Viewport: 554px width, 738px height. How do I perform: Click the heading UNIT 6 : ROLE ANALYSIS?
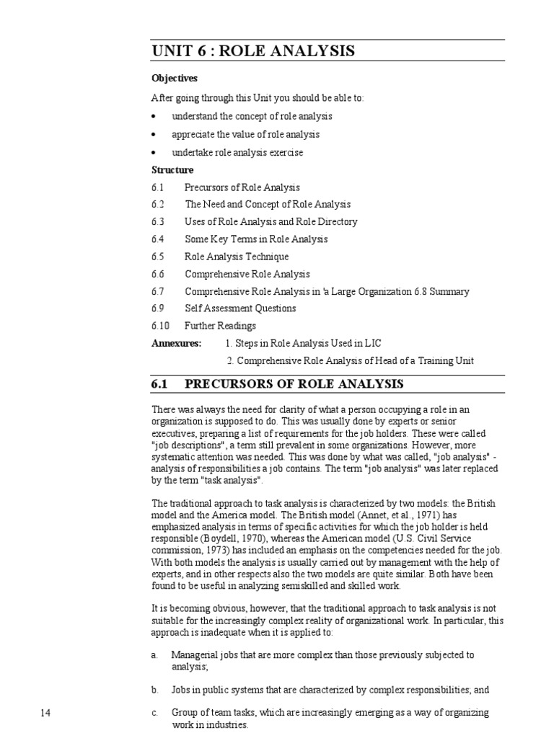coord(253,51)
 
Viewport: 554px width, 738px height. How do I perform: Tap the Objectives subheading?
coord(174,78)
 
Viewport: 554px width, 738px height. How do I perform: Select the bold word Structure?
coord(172,170)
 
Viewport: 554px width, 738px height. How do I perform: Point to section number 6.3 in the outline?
coord(158,222)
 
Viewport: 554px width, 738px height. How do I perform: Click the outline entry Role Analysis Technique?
coord(237,257)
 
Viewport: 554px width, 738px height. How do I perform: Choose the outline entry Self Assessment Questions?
coord(240,308)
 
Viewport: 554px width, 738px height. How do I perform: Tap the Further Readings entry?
coord(220,326)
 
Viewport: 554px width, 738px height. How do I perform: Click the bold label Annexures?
coord(177,343)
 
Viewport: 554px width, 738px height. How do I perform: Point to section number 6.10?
coord(160,326)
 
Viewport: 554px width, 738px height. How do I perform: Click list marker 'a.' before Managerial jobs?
coord(154,655)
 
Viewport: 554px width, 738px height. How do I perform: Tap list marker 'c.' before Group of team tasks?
coord(154,713)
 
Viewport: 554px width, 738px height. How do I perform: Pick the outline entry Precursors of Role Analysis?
coord(242,187)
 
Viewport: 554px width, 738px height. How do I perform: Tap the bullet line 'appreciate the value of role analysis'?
coord(245,135)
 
